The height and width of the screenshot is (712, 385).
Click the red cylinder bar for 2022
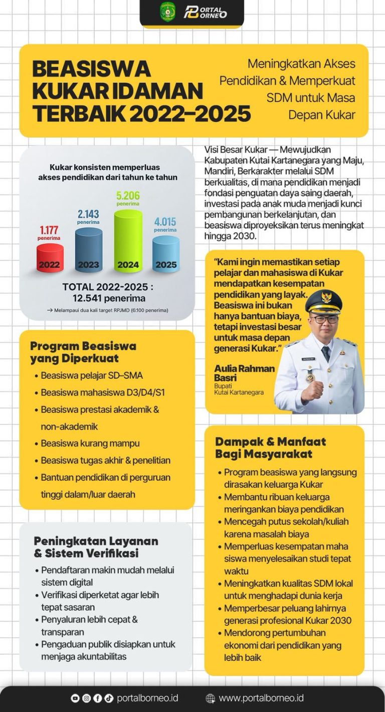(50, 258)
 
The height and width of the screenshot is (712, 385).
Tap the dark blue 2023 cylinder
(89, 250)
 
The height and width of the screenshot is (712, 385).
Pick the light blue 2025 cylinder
(166, 254)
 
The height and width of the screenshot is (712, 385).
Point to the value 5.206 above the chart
(128, 196)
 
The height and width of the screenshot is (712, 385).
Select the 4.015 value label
(165, 222)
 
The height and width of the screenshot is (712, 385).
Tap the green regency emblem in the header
(167, 11)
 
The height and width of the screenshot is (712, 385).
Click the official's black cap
(323, 302)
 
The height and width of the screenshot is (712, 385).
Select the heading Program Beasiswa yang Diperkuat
(83, 352)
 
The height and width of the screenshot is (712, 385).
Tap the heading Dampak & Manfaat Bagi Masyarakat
(270, 448)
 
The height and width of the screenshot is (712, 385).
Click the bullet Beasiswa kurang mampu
(90, 444)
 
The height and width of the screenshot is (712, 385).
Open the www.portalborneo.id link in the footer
(261, 698)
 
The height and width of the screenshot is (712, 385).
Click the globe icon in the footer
(211, 698)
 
